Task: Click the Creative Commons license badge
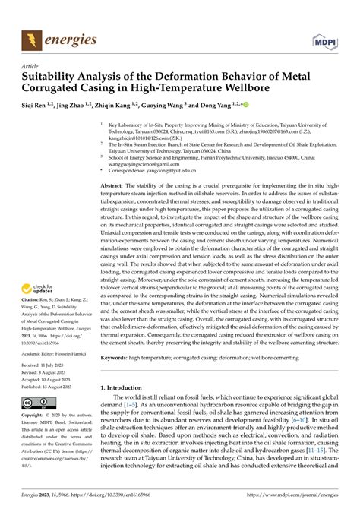pyautogui.click(x=36, y=403)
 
